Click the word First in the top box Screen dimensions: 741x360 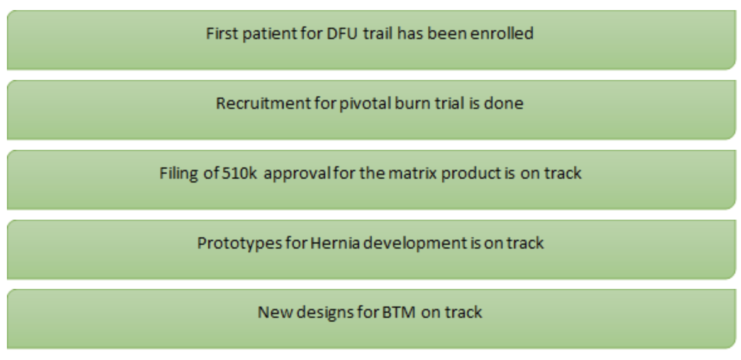[222, 33]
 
